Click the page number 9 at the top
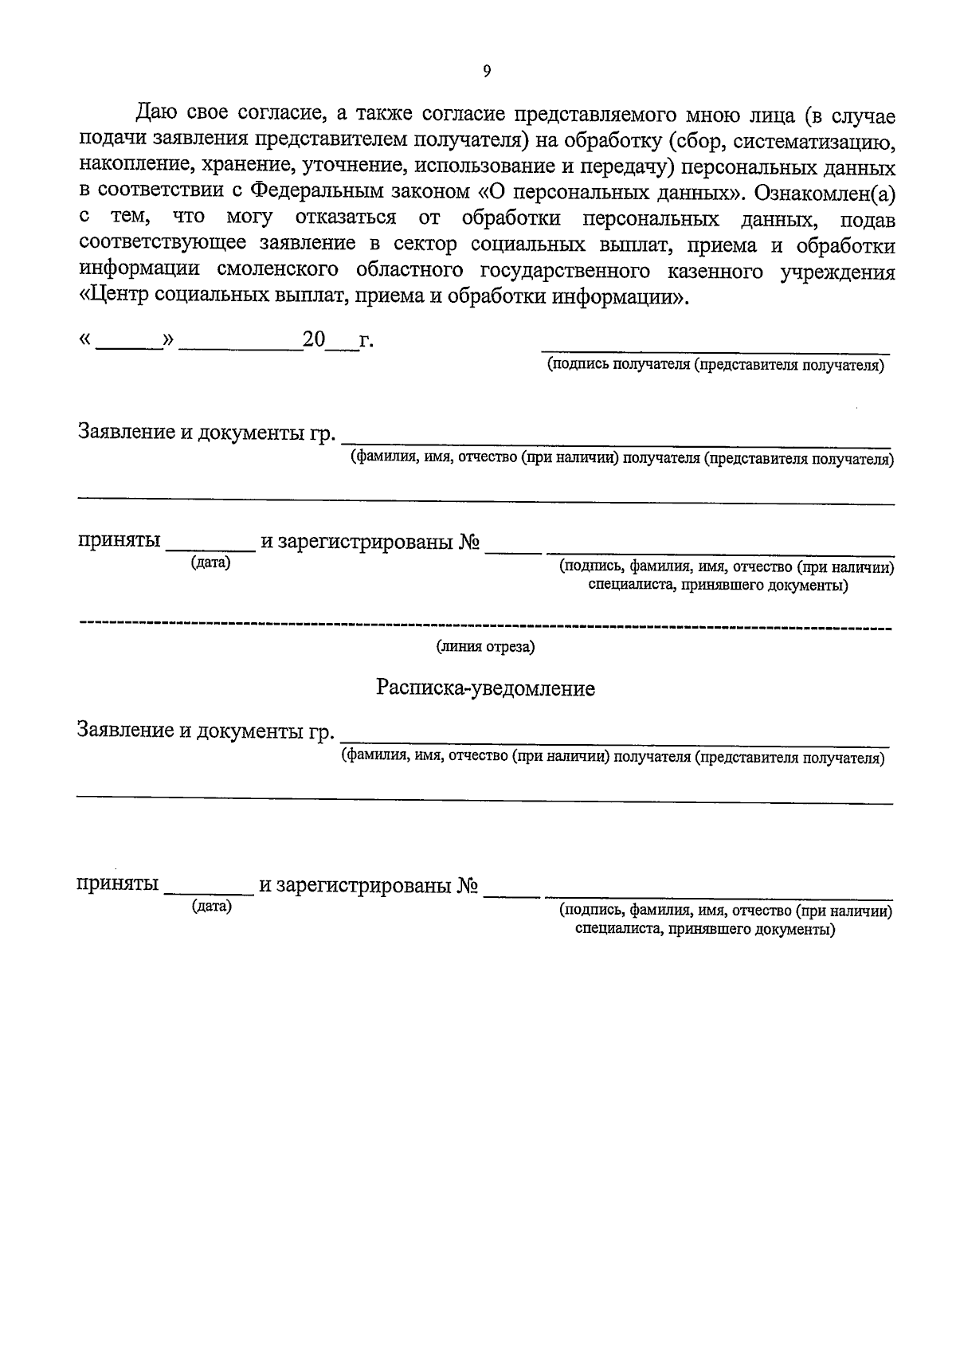coord(487,71)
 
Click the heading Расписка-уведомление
coord(485,688)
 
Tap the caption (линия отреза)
coord(484,648)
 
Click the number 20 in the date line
coord(314,341)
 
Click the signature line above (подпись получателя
coord(715,351)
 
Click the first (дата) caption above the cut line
coord(210,564)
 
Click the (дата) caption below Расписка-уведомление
coord(211,907)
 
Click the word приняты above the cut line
coord(119,543)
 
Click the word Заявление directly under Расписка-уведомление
coord(125,730)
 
